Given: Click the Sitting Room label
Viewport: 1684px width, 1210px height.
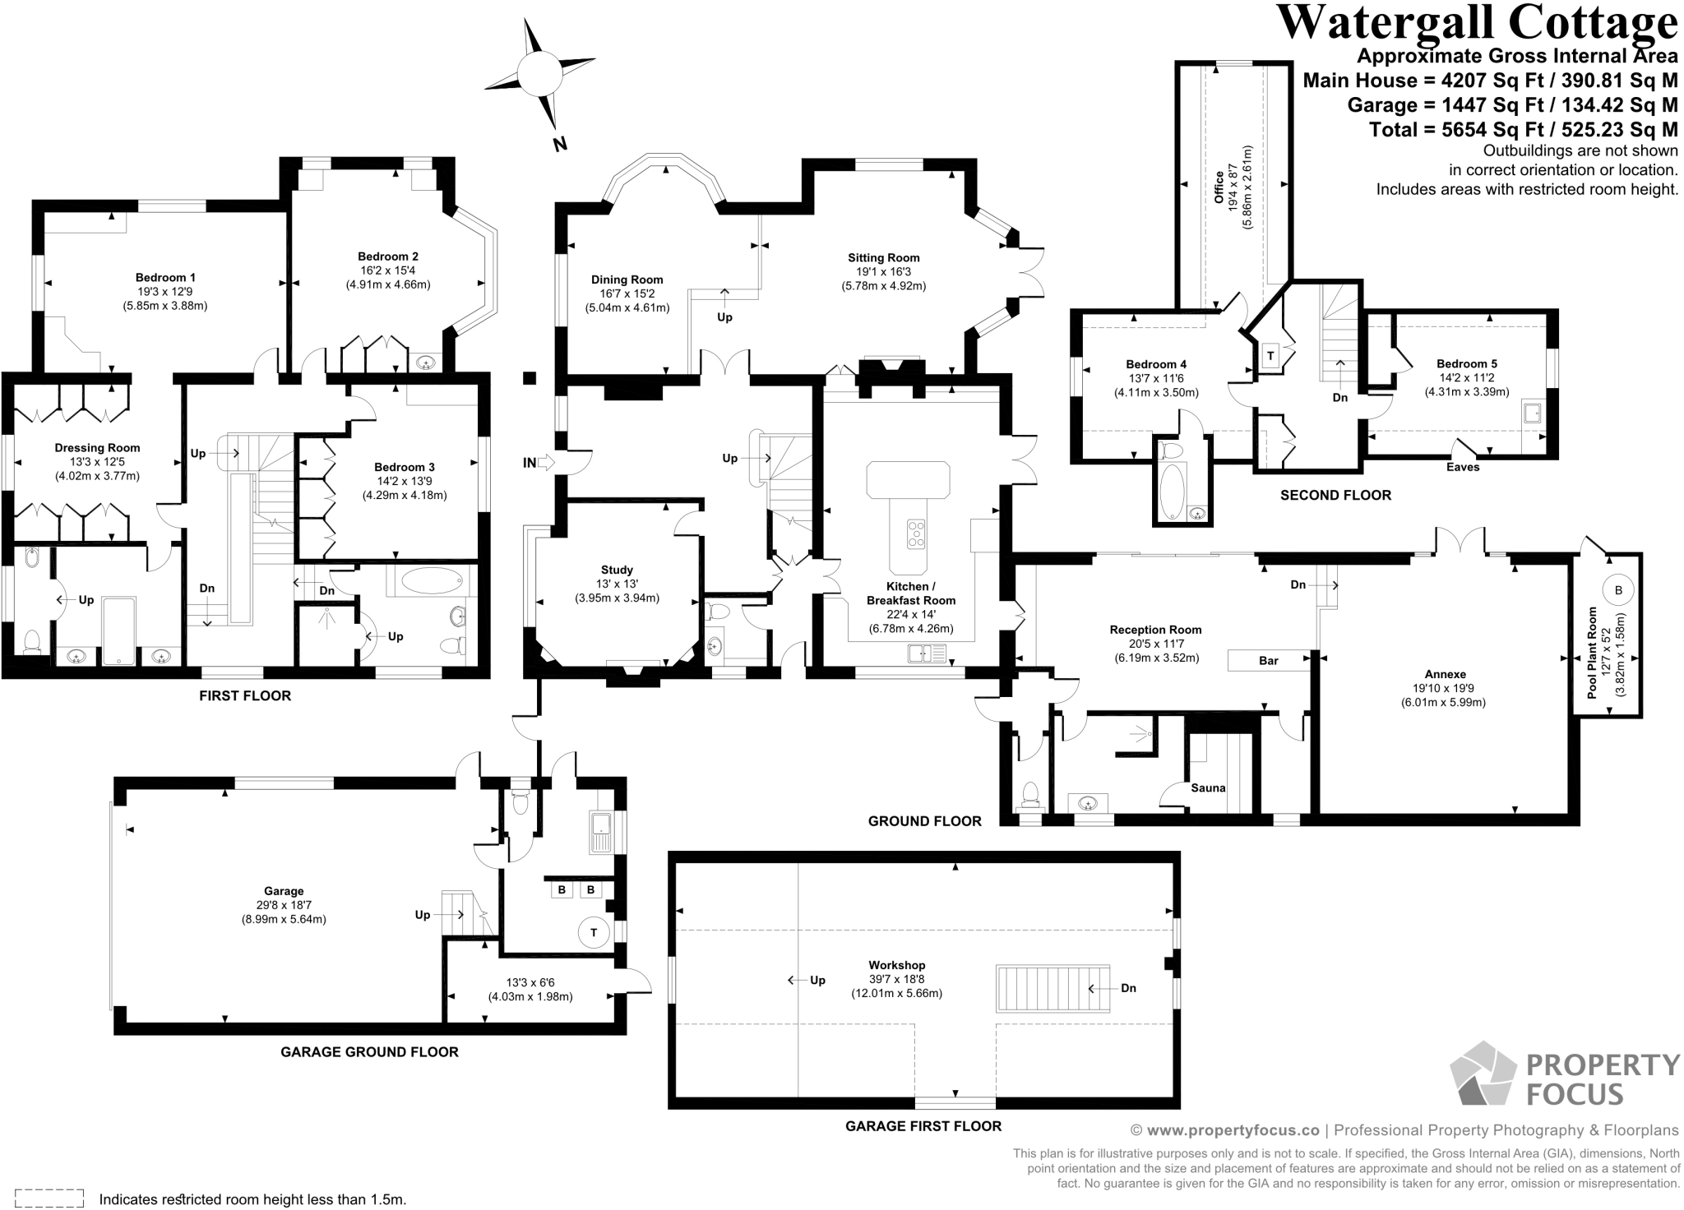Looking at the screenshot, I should tap(883, 258).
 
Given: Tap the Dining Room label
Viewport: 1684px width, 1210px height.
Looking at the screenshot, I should tap(627, 279).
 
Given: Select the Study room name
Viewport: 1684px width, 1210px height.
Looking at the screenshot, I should tap(617, 570).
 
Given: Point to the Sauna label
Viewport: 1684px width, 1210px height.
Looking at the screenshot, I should tap(1208, 787).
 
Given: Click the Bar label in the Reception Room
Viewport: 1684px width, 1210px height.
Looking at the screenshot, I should tap(1268, 661).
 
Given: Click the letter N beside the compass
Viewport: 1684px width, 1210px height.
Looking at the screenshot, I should tap(560, 145).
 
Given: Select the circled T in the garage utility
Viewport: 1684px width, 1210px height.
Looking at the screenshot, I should tap(593, 932).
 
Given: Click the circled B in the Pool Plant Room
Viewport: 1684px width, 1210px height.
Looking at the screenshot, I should tap(1618, 589).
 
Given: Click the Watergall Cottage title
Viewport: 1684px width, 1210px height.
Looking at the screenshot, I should tap(1476, 23).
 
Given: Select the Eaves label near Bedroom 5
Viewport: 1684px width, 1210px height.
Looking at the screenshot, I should tap(1462, 467).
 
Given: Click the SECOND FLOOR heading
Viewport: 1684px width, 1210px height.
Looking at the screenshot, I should tap(1335, 495).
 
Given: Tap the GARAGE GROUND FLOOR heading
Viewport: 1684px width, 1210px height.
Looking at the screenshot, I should tap(369, 1051).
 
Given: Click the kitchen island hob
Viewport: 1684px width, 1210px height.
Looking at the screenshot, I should tap(916, 534).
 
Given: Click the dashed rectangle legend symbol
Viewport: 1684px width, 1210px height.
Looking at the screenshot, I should tap(49, 1198).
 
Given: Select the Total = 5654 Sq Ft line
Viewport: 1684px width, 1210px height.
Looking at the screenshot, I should tap(1523, 130).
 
